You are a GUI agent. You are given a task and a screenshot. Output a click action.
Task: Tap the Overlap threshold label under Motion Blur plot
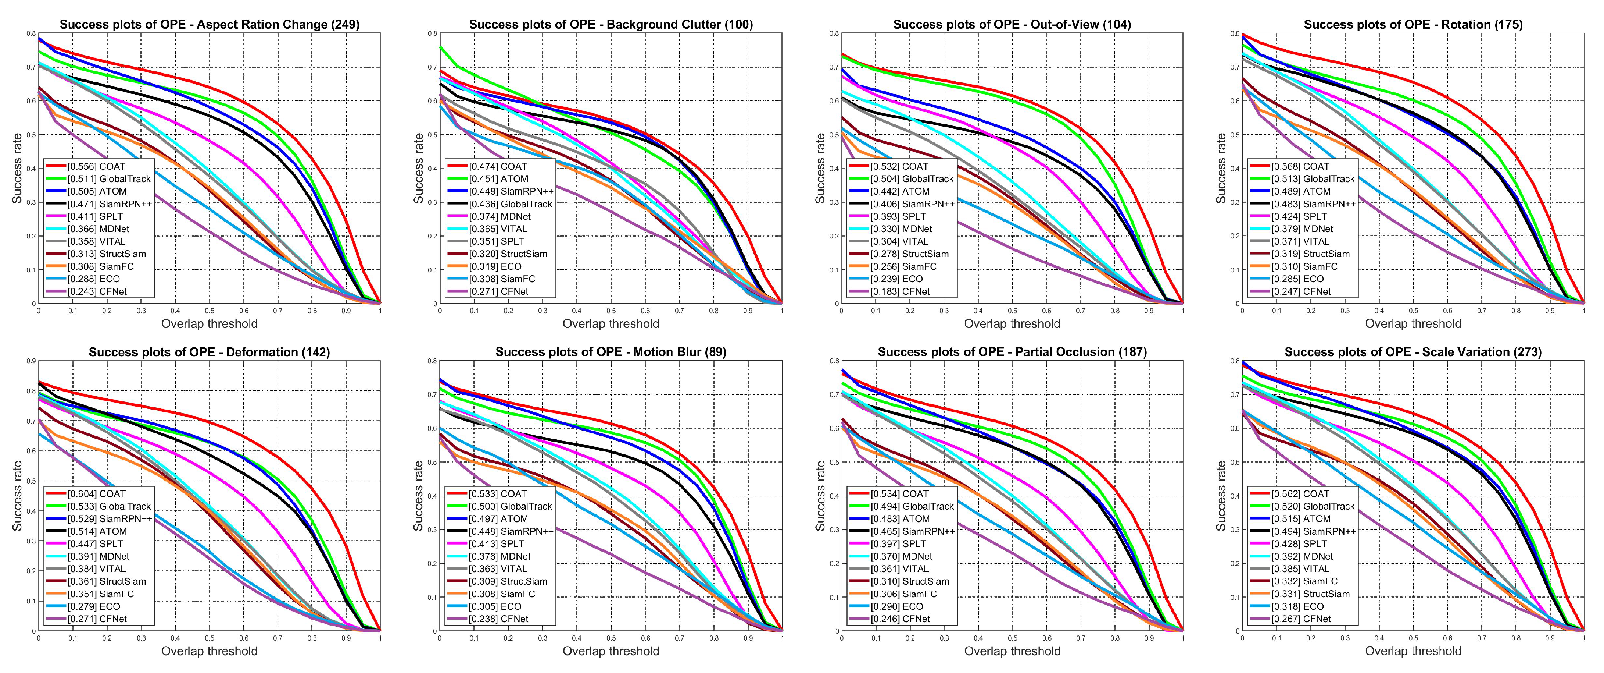tap(611, 651)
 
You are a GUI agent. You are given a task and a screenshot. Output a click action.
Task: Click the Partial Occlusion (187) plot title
tap(1012, 352)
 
